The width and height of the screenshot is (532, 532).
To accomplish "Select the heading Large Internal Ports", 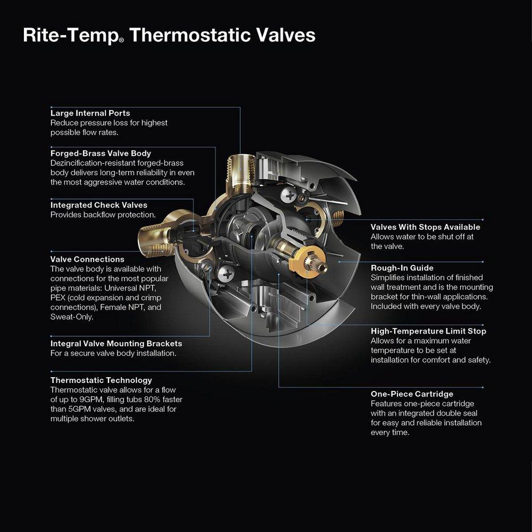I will [x=90, y=113].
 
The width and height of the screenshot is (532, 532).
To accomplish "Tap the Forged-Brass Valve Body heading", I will [x=101, y=153].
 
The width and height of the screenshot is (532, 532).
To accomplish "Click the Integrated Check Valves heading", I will [x=98, y=205].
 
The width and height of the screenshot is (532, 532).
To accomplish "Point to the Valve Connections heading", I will [x=87, y=260].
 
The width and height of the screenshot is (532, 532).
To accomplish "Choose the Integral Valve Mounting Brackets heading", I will [x=116, y=344].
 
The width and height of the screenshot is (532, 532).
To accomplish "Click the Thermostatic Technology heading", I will [x=101, y=380].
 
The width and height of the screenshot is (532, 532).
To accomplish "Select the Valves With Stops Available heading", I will [x=425, y=227].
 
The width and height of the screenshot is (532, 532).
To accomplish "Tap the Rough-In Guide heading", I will [x=402, y=268].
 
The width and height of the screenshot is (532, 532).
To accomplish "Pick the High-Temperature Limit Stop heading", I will [x=428, y=331].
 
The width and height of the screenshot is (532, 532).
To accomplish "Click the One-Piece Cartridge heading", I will [x=412, y=394].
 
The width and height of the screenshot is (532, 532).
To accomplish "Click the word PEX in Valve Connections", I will [x=58, y=298].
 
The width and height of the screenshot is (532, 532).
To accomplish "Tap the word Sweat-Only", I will [x=71, y=317].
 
